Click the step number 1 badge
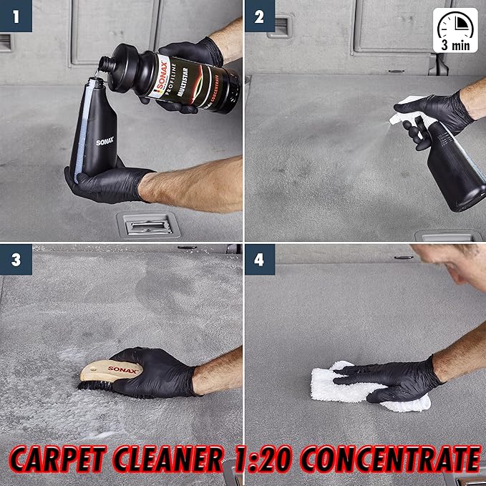pos(16,16)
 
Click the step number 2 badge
pos(259,16)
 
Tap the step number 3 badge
pos(16,259)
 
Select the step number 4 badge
pos(259,259)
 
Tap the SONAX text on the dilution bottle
pos(105,142)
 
